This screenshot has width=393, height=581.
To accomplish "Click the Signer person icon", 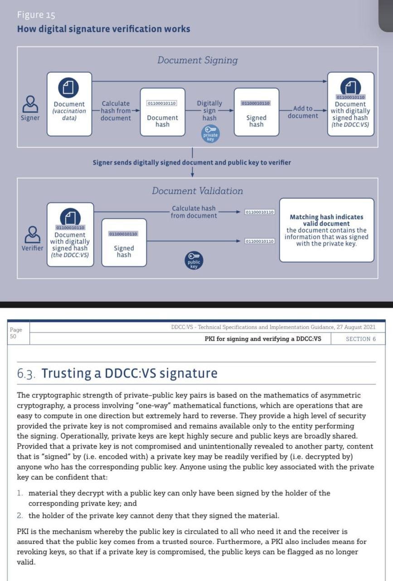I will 30,103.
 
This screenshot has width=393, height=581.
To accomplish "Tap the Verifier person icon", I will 32,234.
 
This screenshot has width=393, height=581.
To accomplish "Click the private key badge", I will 210,134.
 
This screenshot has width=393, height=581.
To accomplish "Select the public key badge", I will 194,261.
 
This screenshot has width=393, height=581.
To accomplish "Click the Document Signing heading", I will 197,60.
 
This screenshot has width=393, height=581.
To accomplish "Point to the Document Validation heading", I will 197,191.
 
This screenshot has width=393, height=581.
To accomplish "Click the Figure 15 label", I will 36,15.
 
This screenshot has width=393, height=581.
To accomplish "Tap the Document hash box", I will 162,112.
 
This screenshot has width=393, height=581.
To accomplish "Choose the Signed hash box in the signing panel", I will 256,112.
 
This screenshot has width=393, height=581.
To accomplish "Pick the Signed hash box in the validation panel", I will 123,242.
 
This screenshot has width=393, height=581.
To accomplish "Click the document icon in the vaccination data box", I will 68,88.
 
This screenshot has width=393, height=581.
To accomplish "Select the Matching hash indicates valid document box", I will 326,230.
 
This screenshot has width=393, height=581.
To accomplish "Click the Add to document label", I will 303,112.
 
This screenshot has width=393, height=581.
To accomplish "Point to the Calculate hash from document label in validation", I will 194,212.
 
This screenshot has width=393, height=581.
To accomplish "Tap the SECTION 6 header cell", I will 360,339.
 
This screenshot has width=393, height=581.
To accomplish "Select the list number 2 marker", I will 20,516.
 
